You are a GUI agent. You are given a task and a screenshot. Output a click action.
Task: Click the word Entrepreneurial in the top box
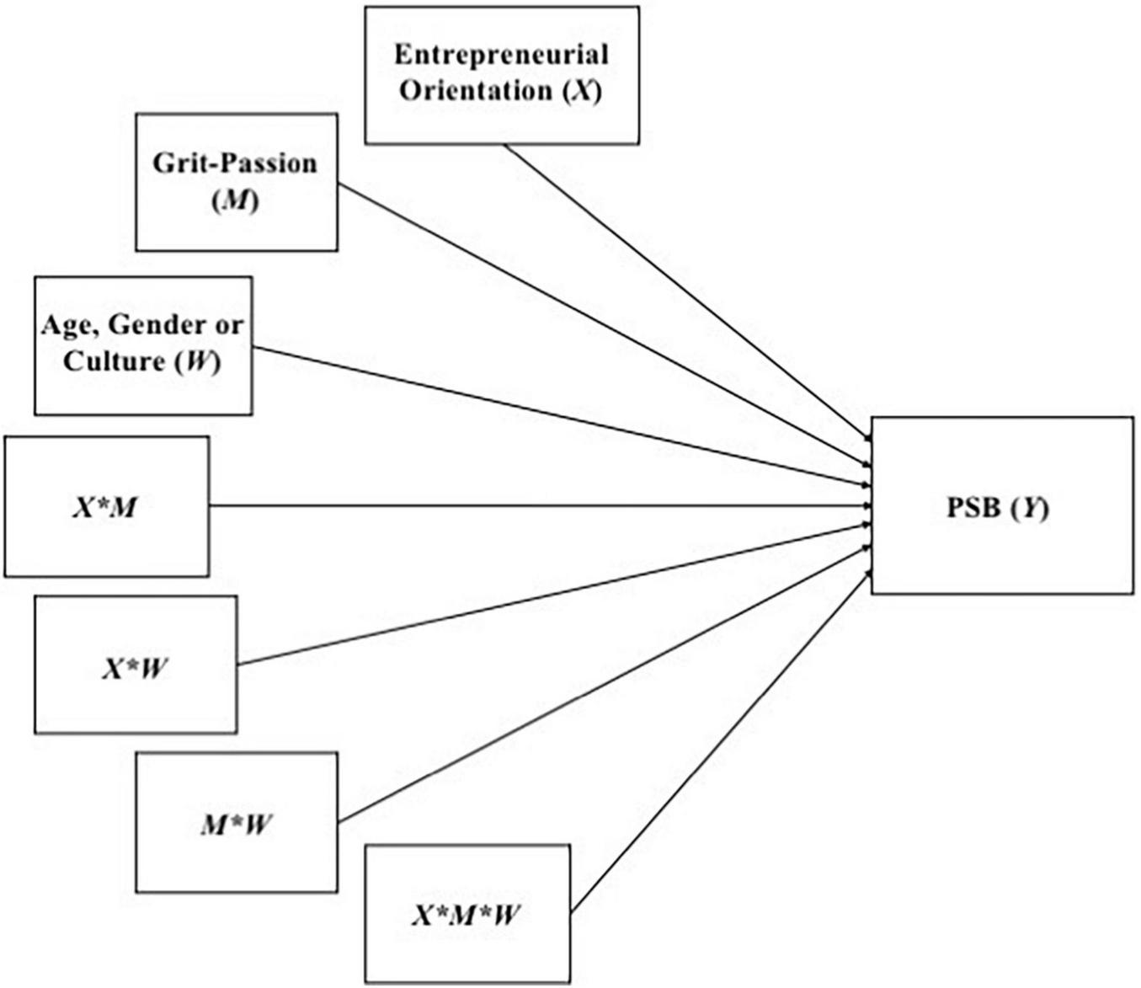(501, 55)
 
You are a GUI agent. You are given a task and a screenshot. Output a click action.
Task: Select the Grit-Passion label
(235, 163)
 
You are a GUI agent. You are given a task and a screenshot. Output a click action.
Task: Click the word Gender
(160, 325)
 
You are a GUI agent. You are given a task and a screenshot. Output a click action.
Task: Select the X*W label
(135, 669)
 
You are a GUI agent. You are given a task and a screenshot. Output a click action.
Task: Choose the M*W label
(236, 825)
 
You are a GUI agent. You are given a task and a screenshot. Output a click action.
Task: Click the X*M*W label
(466, 915)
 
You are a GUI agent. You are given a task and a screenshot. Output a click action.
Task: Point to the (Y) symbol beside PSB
(1030, 508)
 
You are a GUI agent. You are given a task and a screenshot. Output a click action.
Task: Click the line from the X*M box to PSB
(539, 506)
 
